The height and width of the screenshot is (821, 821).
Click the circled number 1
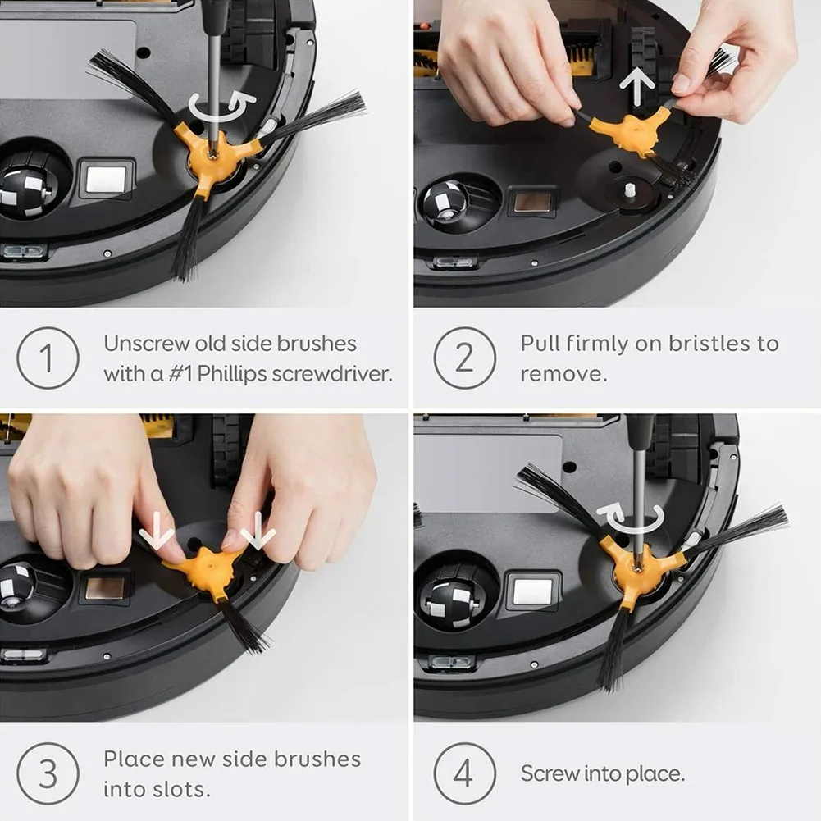pos(48,358)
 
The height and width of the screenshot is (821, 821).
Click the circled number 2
pos(464,358)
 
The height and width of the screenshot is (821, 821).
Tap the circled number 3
pos(48,773)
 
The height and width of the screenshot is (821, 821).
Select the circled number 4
pos(464,773)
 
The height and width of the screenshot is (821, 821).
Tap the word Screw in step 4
pos(550,773)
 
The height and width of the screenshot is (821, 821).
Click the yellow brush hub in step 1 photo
pos(212,156)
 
